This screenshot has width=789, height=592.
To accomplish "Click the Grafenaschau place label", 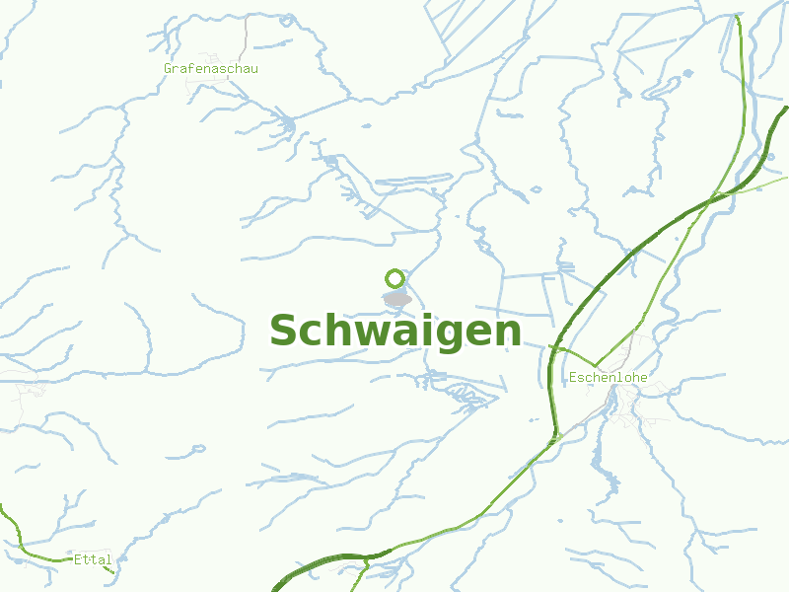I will (211, 68).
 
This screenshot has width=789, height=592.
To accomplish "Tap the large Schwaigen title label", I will (394, 332).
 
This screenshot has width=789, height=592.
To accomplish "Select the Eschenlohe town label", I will (608, 377).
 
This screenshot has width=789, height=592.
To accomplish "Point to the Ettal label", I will (93, 559).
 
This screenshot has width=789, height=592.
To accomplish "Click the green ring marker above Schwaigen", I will (395, 278).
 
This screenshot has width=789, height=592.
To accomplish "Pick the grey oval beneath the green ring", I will (397, 298).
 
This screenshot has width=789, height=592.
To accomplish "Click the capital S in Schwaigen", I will (284, 332).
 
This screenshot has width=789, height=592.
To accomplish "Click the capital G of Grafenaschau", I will (169, 68).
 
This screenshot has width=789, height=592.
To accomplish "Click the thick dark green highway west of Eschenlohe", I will (550, 385).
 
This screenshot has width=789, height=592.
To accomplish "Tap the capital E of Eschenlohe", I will (573, 377).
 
